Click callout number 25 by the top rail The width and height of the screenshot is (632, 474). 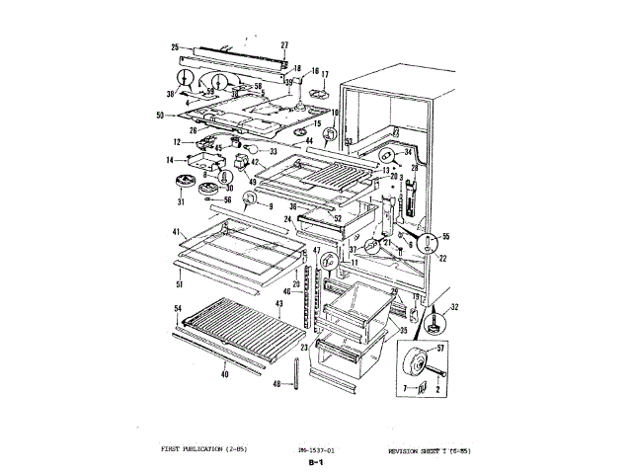coord(175,46)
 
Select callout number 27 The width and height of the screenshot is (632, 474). coord(284,45)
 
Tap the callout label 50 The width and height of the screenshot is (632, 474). coord(160,116)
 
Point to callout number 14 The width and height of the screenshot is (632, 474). coord(169,160)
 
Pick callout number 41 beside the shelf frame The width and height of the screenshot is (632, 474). coord(176,231)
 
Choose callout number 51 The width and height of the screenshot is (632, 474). coord(178,285)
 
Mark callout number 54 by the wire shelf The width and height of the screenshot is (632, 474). coord(178,309)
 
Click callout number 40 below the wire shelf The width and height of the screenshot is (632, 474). coord(225,376)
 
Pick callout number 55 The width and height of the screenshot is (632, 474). coord(445,237)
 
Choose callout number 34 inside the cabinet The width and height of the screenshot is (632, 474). coord(408,153)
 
